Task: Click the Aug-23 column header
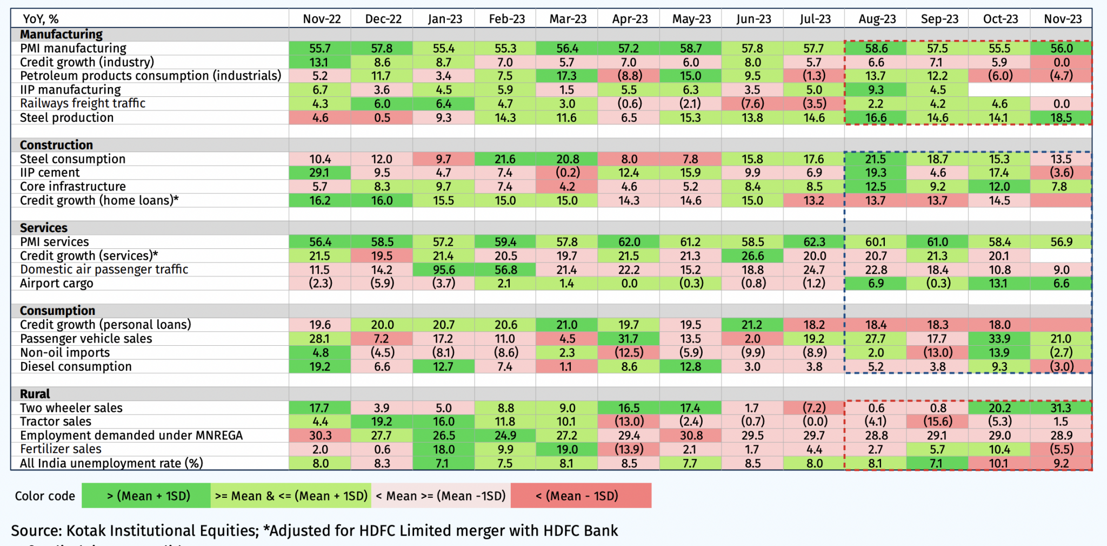[x=877, y=19]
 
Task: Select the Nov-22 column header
[x=322, y=19]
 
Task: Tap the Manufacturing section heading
[x=61, y=34]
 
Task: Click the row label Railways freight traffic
[x=83, y=103]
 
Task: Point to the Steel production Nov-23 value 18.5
[x=1061, y=117]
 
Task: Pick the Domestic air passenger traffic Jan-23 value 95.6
[x=444, y=269]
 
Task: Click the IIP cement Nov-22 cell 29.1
[x=319, y=173]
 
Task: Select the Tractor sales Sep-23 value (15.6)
[x=938, y=422]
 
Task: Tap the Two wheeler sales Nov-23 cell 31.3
[x=1061, y=408]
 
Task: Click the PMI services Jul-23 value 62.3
[x=814, y=242]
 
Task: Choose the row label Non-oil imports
[x=65, y=353]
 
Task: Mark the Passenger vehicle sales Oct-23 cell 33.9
[x=999, y=339]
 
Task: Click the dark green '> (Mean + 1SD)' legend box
[x=146, y=496]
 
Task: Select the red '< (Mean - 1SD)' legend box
[x=581, y=496]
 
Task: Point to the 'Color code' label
[x=45, y=496]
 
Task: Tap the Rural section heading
[x=35, y=394]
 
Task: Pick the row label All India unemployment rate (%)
[x=111, y=463]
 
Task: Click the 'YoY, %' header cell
[x=41, y=19]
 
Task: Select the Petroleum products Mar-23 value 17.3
[x=567, y=76]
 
